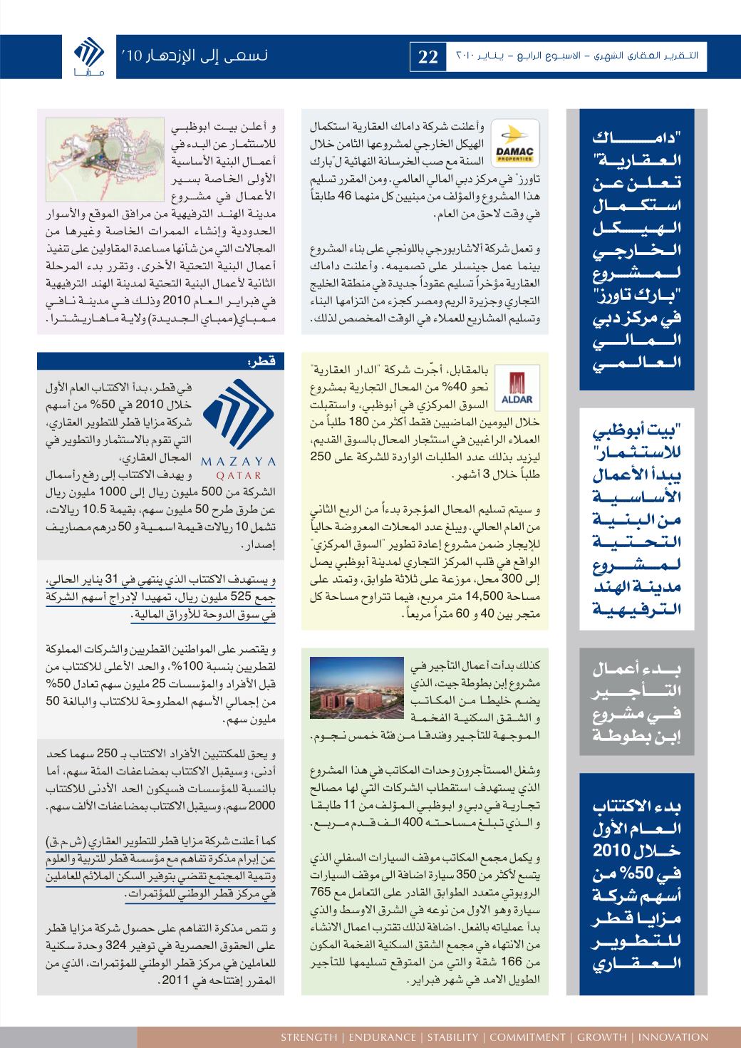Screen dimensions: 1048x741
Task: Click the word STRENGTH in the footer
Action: click(x=309, y=1037)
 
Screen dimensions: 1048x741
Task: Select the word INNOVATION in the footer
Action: click(x=673, y=1037)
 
